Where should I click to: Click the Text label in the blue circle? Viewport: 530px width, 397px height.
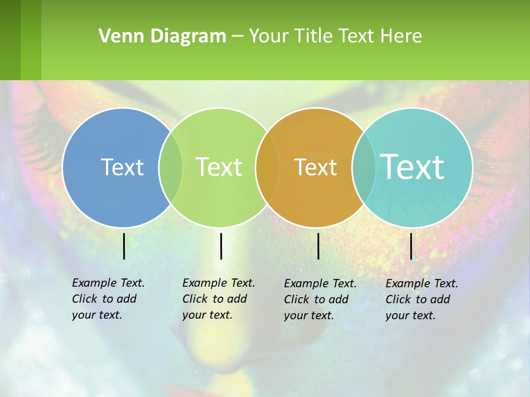[x=122, y=167]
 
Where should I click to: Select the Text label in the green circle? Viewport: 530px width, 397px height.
[x=219, y=167]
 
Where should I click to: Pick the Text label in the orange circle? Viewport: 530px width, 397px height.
[x=315, y=167]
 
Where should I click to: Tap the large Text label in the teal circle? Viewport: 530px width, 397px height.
[x=412, y=167]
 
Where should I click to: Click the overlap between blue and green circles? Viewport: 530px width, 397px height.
[x=171, y=167]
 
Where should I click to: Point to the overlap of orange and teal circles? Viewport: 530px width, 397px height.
[x=364, y=167]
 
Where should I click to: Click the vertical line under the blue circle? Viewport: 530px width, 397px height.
[x=124, y=246]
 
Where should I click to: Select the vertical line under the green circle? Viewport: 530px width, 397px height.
[x=221, y=246]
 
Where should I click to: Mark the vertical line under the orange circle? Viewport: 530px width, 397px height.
[x=319, y=246]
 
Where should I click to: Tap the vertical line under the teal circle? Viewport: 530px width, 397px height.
[x=411, y=246]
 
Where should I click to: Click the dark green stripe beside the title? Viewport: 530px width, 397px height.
[x=10, y=40]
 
